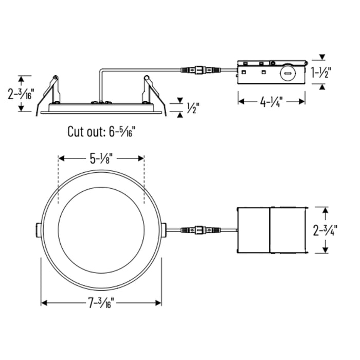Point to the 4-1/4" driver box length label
(x=272, y=102)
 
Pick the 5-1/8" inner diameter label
(x=101, y=159)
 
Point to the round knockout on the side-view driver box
(x=288, y=73)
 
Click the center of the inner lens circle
(x=101, y=229)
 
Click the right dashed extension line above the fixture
(x=145, y=180)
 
